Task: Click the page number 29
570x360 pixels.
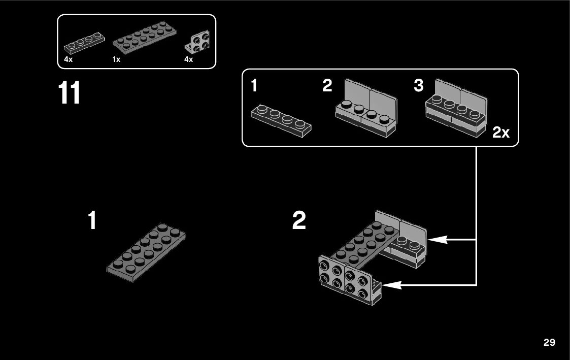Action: [549, 342]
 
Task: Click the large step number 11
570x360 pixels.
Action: [70, 93]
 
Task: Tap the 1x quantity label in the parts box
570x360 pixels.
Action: [116, 59]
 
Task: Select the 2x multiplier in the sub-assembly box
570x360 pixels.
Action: [500, 133]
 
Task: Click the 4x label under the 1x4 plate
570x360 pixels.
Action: [69, 59]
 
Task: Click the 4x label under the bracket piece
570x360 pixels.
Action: [188, 59]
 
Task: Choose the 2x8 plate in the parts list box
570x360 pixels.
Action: [144, 38]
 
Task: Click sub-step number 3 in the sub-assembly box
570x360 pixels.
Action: [418, 86]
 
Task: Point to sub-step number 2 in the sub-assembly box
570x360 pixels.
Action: [327, 86]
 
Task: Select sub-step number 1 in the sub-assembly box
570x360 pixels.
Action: [254, 86]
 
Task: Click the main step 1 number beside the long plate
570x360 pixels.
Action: [92, 221]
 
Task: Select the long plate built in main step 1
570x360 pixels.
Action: [146, 252]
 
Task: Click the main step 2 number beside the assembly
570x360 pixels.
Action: [299, 221]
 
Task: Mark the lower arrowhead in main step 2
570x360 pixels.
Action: [392, 285]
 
